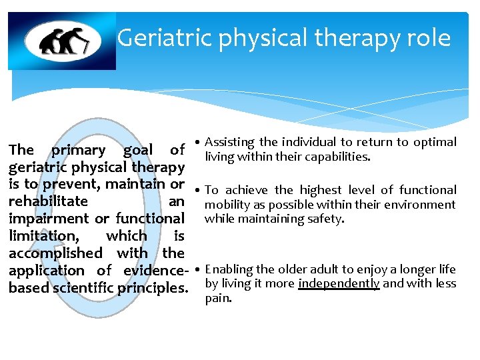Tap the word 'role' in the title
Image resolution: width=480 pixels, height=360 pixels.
pyautogui.click(x=429, y=38)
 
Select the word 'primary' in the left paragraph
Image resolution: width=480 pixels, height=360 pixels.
pyautogui.click(x=79, y=150)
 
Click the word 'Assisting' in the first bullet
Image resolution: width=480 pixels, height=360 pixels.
pyautogui.click(x=230, y=142)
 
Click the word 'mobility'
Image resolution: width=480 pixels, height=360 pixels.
pyautogui.click(x=225, y=205)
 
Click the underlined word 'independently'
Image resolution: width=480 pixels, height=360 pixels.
pyautogui.click(x=339, y=283)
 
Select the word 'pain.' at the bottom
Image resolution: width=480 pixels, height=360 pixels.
pyautogui.click(x=218, y=298)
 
